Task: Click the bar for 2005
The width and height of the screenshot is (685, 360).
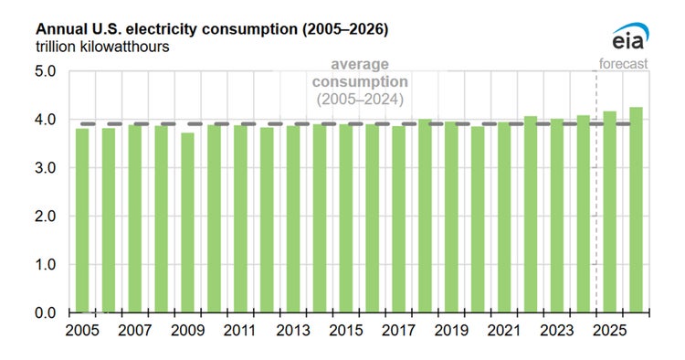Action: [82, 220]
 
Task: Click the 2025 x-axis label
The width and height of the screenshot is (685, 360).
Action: [609, 331]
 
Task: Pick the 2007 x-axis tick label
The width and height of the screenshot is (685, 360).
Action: [135, 331]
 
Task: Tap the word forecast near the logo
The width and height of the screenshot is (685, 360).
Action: [624, 64]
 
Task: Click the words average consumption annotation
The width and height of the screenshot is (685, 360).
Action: [360, 73]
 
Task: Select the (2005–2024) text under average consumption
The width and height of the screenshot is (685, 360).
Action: [360, 99]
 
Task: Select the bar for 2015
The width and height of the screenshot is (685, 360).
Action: [345, 218]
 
